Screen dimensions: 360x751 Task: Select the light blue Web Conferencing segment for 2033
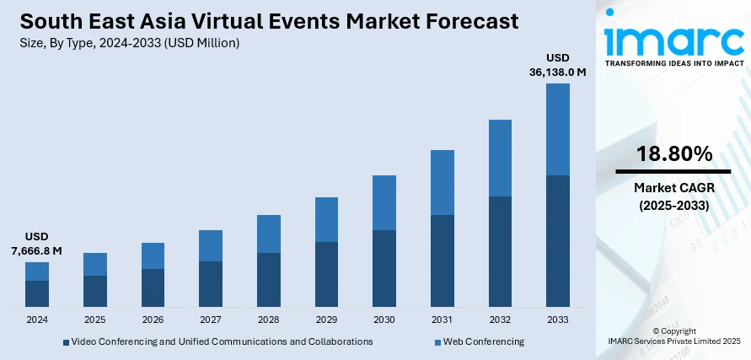point(558,129)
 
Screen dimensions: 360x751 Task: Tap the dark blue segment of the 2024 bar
point(37,293)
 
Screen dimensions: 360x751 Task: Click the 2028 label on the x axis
point(269,320)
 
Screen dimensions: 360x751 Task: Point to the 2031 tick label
point(443,320)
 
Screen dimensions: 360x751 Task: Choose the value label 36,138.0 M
point(558,73)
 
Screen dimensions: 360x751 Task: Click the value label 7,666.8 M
point(37,250)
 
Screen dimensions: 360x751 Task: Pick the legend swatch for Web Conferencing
point(438,342)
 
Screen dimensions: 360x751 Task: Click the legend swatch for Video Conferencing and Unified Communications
point(67,342)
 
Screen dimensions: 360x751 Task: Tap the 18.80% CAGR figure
point(674,154)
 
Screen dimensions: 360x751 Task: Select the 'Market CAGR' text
point(674,188)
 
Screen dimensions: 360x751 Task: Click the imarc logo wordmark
point(674,40)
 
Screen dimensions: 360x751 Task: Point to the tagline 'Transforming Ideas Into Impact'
point(674,64)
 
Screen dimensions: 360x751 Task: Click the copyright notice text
point(674,336)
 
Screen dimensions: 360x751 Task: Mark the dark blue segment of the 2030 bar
point(384,267)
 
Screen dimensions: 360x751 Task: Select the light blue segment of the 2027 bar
point(211,245)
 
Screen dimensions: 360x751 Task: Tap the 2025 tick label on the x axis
point(95,320)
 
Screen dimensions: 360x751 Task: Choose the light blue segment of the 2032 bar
point(500,158)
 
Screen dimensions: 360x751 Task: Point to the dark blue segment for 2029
point(327,273)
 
